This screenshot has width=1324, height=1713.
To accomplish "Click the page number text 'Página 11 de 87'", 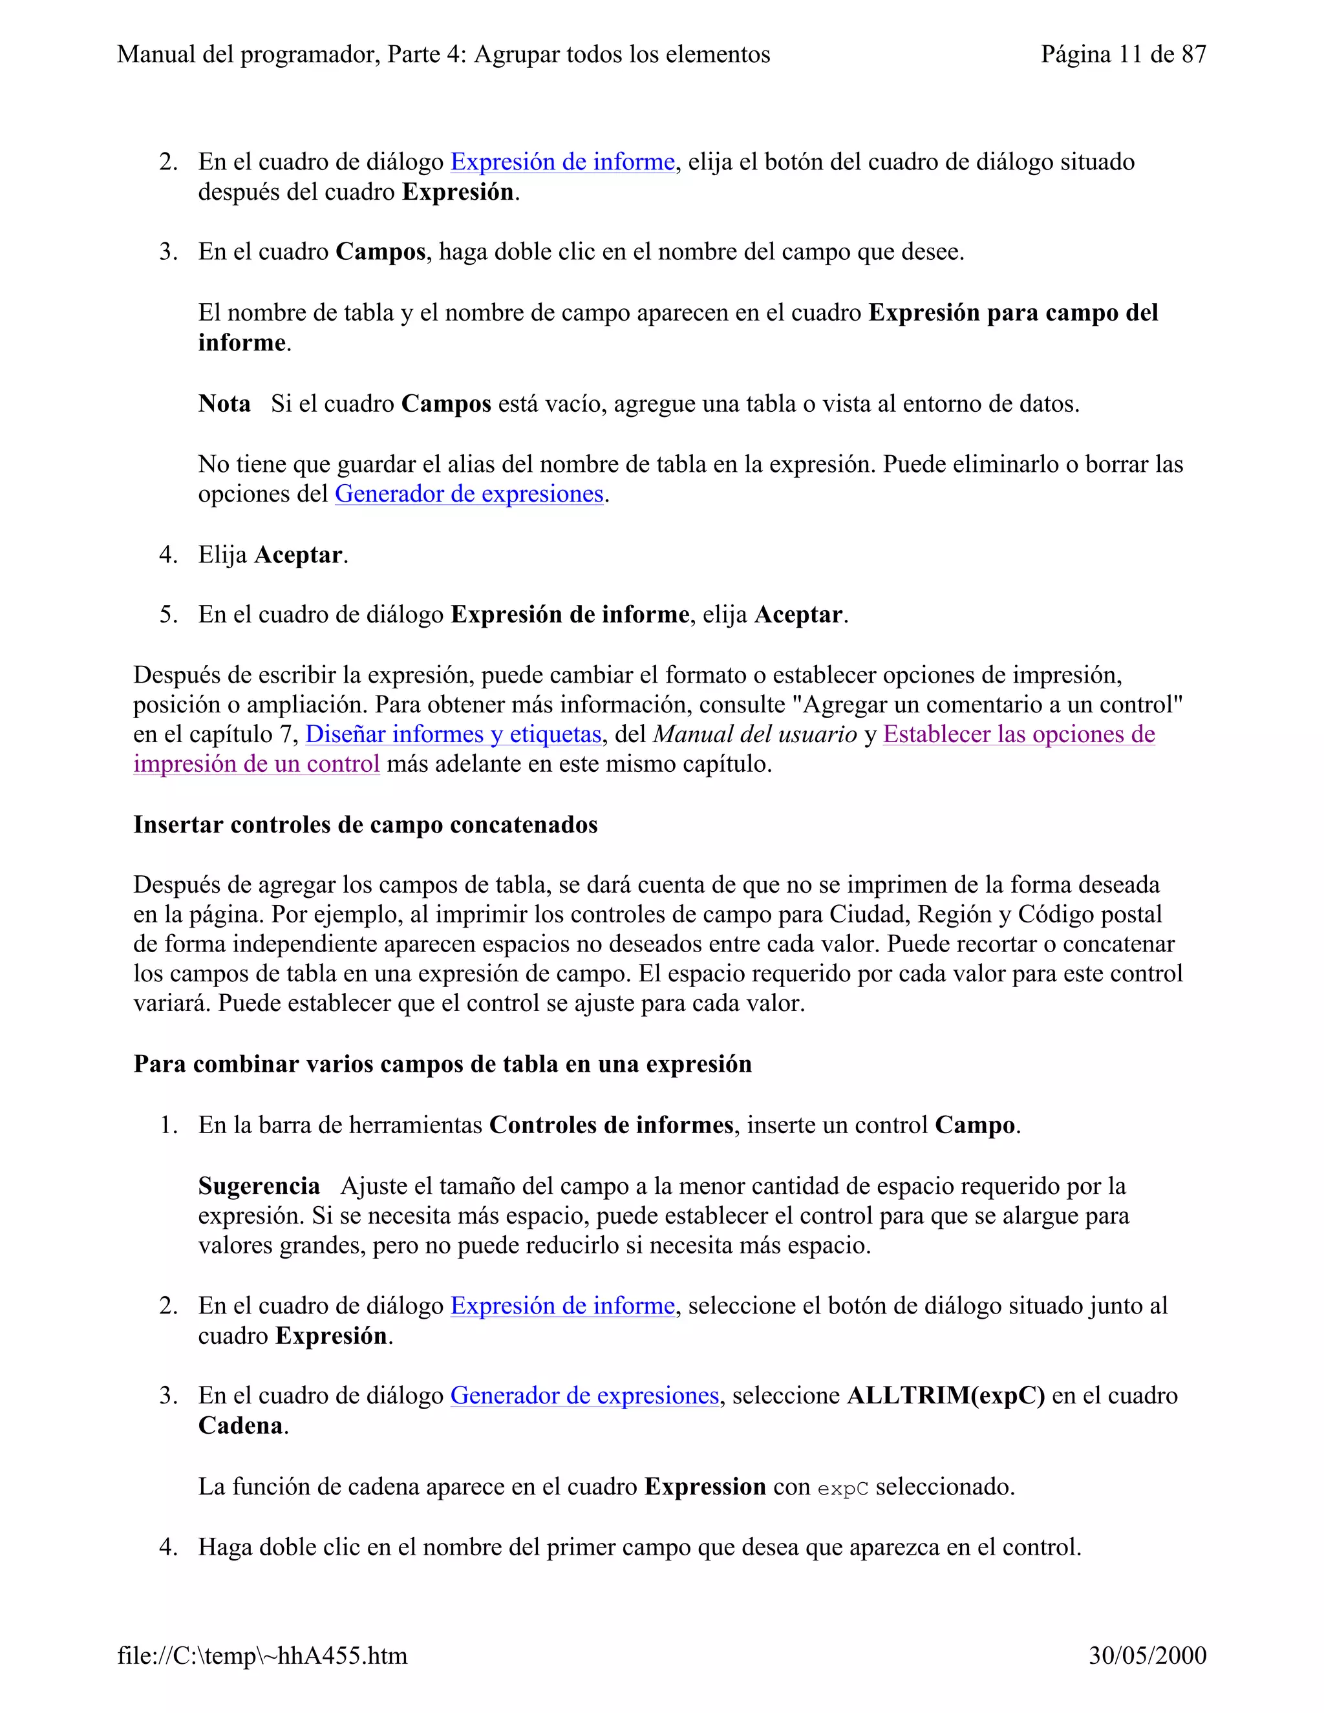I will pos(1122,54).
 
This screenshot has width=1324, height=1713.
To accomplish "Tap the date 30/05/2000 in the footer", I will pos(1147,1655).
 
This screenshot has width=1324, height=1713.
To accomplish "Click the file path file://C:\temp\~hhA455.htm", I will pos(262,1655).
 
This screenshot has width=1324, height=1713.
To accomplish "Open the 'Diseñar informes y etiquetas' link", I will pos(453,734).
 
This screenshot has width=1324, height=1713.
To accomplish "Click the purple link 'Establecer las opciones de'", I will pos(1018,734).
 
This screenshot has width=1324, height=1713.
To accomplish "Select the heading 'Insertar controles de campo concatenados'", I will pos(365,825).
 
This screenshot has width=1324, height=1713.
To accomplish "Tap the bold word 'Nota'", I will pos(224,404).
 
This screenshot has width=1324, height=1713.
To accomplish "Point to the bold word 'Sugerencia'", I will pos(259,1186).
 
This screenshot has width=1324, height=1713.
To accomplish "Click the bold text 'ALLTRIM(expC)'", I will pos(945,1396).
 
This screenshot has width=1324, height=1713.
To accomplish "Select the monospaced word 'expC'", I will pos(842,1489).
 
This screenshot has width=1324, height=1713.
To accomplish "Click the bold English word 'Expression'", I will pos(705,1487).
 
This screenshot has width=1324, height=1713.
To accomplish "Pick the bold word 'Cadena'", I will pos(240,1426).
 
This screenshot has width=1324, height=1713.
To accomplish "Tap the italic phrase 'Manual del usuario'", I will pos(754,734).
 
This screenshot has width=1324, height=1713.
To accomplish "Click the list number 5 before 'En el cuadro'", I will pos(168,615).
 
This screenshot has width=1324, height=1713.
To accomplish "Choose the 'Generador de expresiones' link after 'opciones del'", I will pos(469,494).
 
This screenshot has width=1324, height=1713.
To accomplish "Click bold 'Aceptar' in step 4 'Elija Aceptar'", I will pos(298,555).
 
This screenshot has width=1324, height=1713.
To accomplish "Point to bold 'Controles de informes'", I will pos(611,1125).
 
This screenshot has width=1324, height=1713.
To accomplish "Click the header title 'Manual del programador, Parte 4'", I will pos(443,54).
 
